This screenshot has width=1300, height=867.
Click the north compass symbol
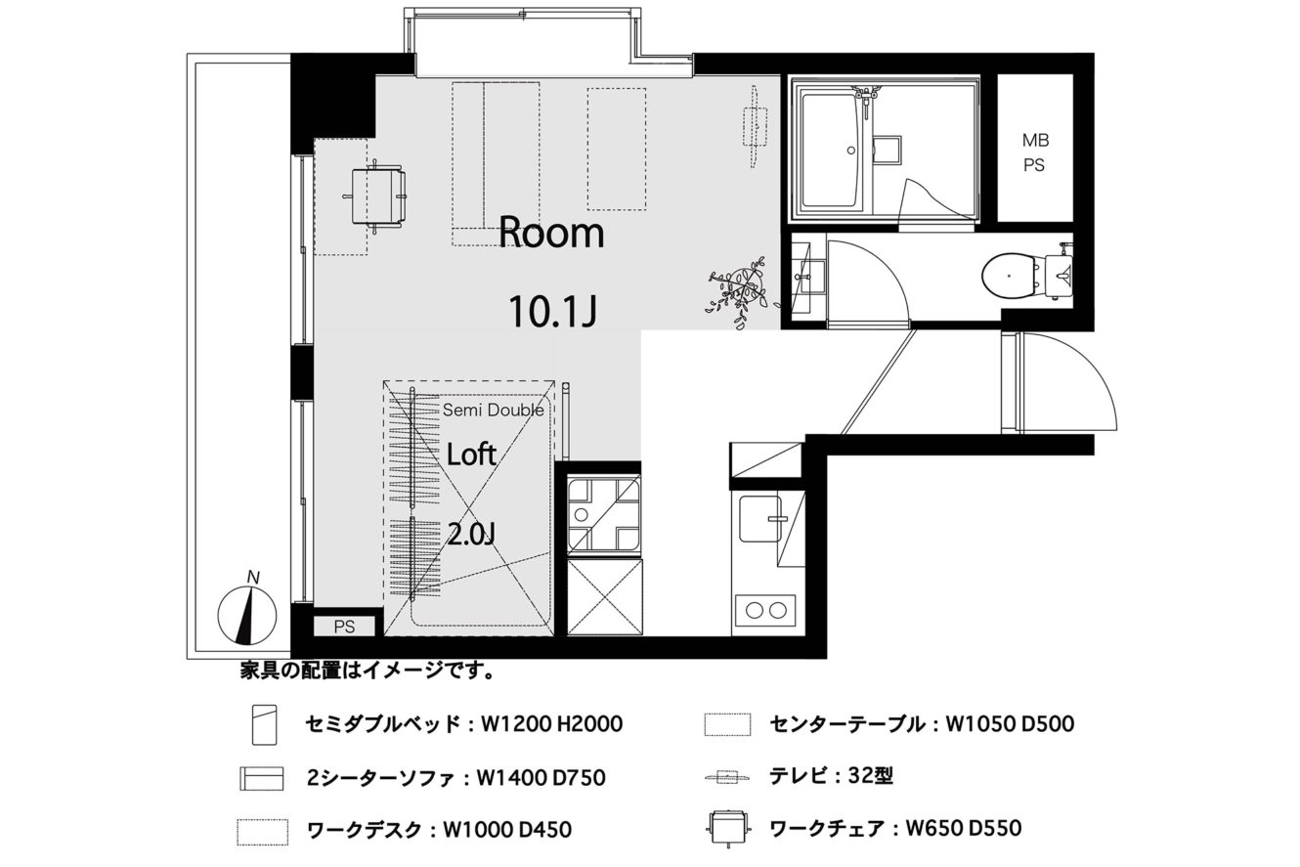point(246,615)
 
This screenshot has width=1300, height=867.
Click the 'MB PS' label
point(1035,152)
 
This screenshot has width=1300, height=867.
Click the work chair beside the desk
point(376,196)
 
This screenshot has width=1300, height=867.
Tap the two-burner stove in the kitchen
point(765,610)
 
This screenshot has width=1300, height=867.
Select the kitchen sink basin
point(759,519)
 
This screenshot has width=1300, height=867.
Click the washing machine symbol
point(604,514)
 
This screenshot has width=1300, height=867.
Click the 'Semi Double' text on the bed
point(494,411)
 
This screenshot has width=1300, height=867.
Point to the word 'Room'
point(551,232)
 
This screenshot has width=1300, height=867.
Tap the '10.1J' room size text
point(553,311)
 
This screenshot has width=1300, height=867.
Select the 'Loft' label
point(471,455)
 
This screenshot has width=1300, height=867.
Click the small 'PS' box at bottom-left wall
point(345,627)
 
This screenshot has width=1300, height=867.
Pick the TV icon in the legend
point(728,777)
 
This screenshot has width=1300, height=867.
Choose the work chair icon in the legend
point(728,829)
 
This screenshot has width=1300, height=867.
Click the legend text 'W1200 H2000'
point(551,724)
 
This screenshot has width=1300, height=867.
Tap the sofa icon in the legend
point(262,778)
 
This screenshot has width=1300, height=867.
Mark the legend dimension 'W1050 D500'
point(1010,724)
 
